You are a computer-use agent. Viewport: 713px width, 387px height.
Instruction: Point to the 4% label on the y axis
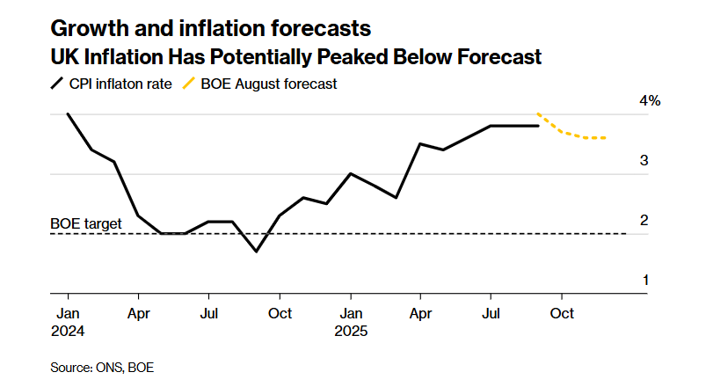click(x=650, y=101)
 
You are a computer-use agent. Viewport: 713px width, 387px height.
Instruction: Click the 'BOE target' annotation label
click(x=86, y=223)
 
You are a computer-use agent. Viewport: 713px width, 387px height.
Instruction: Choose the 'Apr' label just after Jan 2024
click(x=138, y=313)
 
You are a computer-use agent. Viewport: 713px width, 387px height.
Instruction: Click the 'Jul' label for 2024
click(x=208, y=313)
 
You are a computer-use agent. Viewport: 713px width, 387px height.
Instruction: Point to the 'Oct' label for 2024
click(x=280, y=313)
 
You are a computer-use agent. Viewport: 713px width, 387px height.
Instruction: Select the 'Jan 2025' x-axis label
click(x=351, y=322)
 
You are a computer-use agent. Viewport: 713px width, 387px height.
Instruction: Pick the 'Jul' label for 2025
click(x=491, y=313)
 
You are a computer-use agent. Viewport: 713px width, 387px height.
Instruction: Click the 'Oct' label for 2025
click(x=563, y=313)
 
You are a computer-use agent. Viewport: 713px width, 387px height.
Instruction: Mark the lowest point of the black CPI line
click(x=256, y=252)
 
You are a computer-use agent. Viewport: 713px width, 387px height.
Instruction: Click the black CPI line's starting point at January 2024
click(x=68, y=114)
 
